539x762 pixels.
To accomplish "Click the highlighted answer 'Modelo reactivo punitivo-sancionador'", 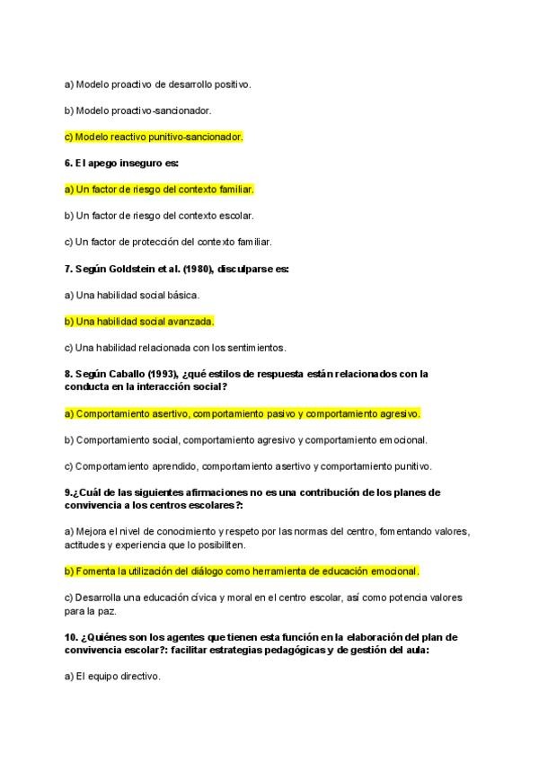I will coord(154,137).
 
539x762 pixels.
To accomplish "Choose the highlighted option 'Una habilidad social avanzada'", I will coord(139,321).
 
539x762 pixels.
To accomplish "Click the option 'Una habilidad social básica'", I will coord(132,295).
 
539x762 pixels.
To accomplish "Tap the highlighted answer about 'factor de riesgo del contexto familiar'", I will coord(159,190).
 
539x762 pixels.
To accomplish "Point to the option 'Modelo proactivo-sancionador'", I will coord(138,111).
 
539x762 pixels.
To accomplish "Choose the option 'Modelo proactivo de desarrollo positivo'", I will coord(157,84).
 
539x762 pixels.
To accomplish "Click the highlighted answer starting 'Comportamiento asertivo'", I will coord(243,413).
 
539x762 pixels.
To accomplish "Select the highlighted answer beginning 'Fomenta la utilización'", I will coord(243,571).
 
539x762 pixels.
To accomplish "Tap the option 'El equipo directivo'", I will coord(112,677).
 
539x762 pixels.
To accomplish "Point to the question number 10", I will coord(70,637).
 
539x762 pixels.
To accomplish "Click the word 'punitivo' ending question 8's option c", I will coord(411,466).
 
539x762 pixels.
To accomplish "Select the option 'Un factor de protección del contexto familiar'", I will coord(168,242).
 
